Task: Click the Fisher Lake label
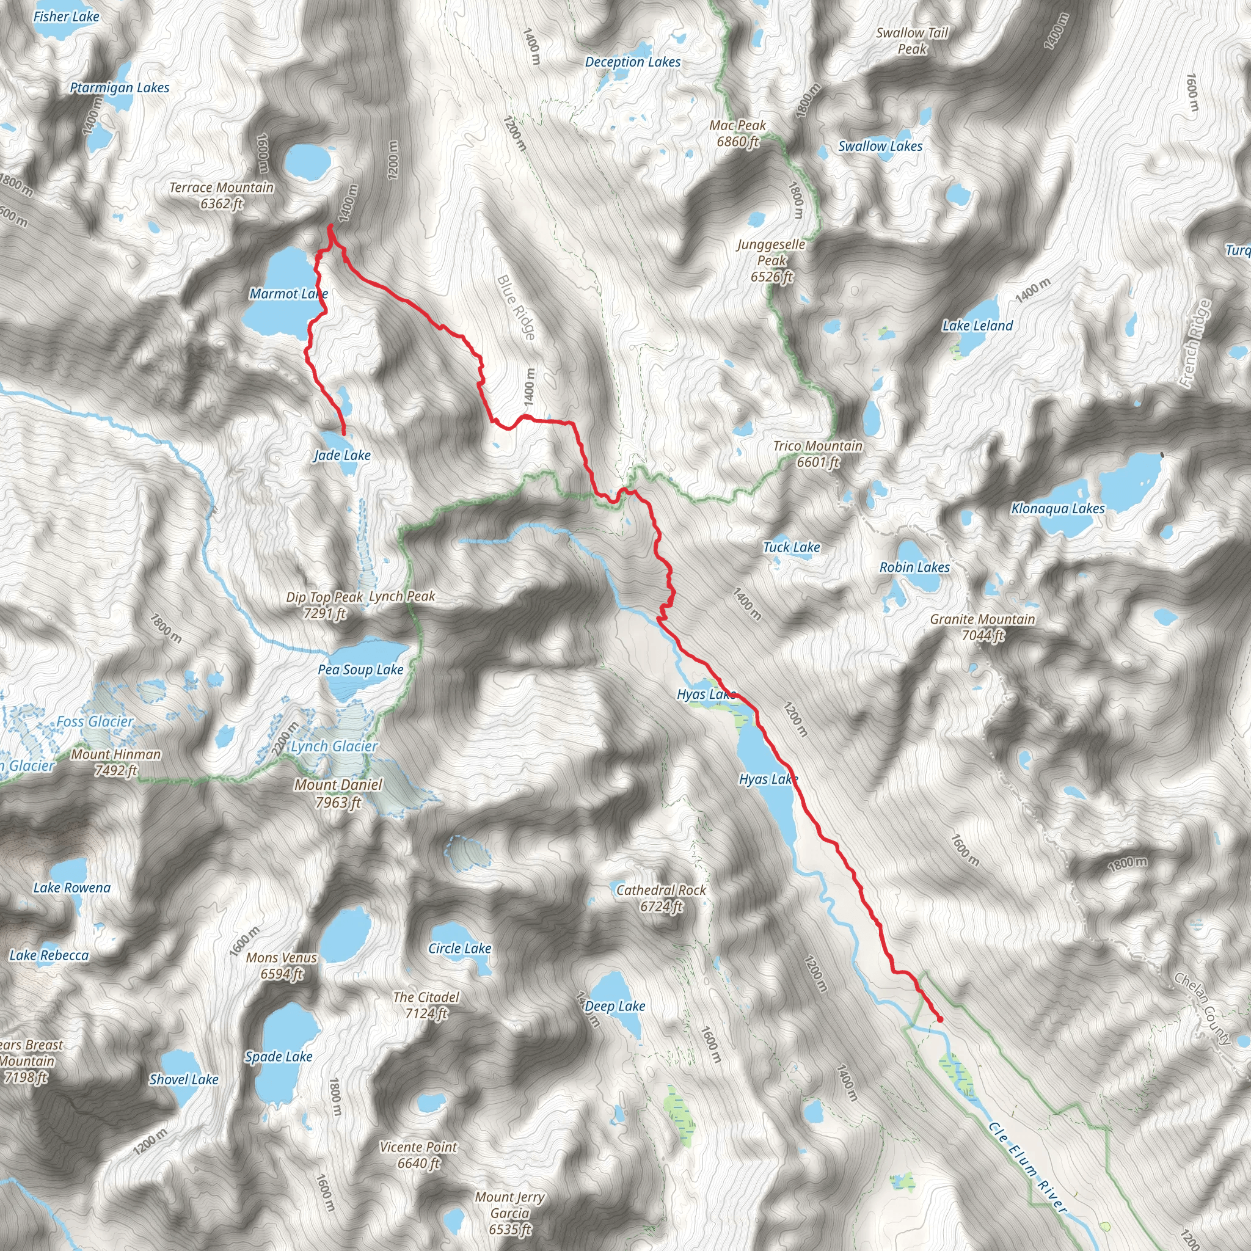pyautogui.click(x=66, y=16)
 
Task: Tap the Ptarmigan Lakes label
pyautogui.click(x=120, y=87)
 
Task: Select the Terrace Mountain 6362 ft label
pyautogui.click(x=222, y=195)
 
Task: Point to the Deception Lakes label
pyautogui.click(x=633, y=62)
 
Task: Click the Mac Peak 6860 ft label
pyautogui.click(x=737, y=133)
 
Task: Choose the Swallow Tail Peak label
pyautogui.click(x=912, y=41)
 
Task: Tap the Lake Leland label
pyautogui.click(x=977, y=326)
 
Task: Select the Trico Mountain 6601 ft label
pyautogui.click(x=818, y=453)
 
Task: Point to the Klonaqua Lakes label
pyautogui.click(x=1058, y=508)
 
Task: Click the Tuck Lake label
pyautogui.click(x=791, y=547)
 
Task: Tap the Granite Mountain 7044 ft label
pyautogui.click(x=982, y=627)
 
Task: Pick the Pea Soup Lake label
pyautogui.click(x=360, y=669)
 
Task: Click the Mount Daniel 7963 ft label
pyautogui.click(x=338, y=793)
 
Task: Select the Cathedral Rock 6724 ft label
pyautogui.click(x=661, y=898)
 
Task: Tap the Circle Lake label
pyautogui.click(x=460, y=948)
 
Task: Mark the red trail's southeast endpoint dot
pyautogui.click(x=940, y=1019)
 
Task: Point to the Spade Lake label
pyautogui.click(x=279, y=1057)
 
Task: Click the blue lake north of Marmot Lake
pyautogui.click(x=309, y=162)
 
